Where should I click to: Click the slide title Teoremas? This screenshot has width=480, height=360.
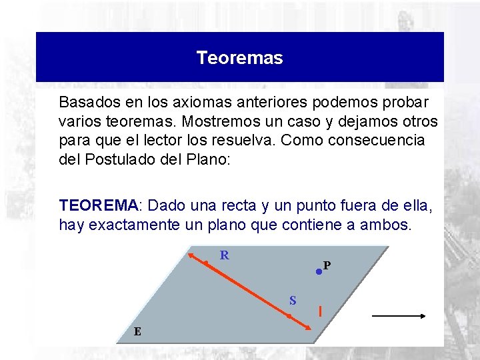pos(239,58)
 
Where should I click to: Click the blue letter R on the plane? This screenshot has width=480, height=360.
pos(225,255)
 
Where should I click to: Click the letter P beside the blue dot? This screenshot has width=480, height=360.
pos(327,265)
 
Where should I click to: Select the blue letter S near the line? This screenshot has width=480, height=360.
pos(293,300)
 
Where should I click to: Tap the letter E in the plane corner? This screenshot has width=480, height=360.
pos(137,331)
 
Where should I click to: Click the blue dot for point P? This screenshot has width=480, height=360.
pos(319,272)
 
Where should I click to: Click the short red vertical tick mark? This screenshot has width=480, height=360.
pos(321,311)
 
